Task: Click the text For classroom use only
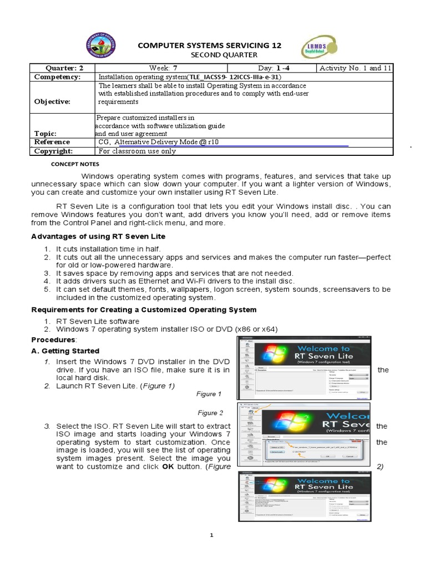[x=137, y=151]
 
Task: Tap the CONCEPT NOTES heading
[x=75, y=165]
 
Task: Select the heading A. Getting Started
[x=65, y=351]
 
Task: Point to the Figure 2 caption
[x=210, y=413]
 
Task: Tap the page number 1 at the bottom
[x=211, y=535]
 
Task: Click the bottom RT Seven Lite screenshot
[x=305, y=496]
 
